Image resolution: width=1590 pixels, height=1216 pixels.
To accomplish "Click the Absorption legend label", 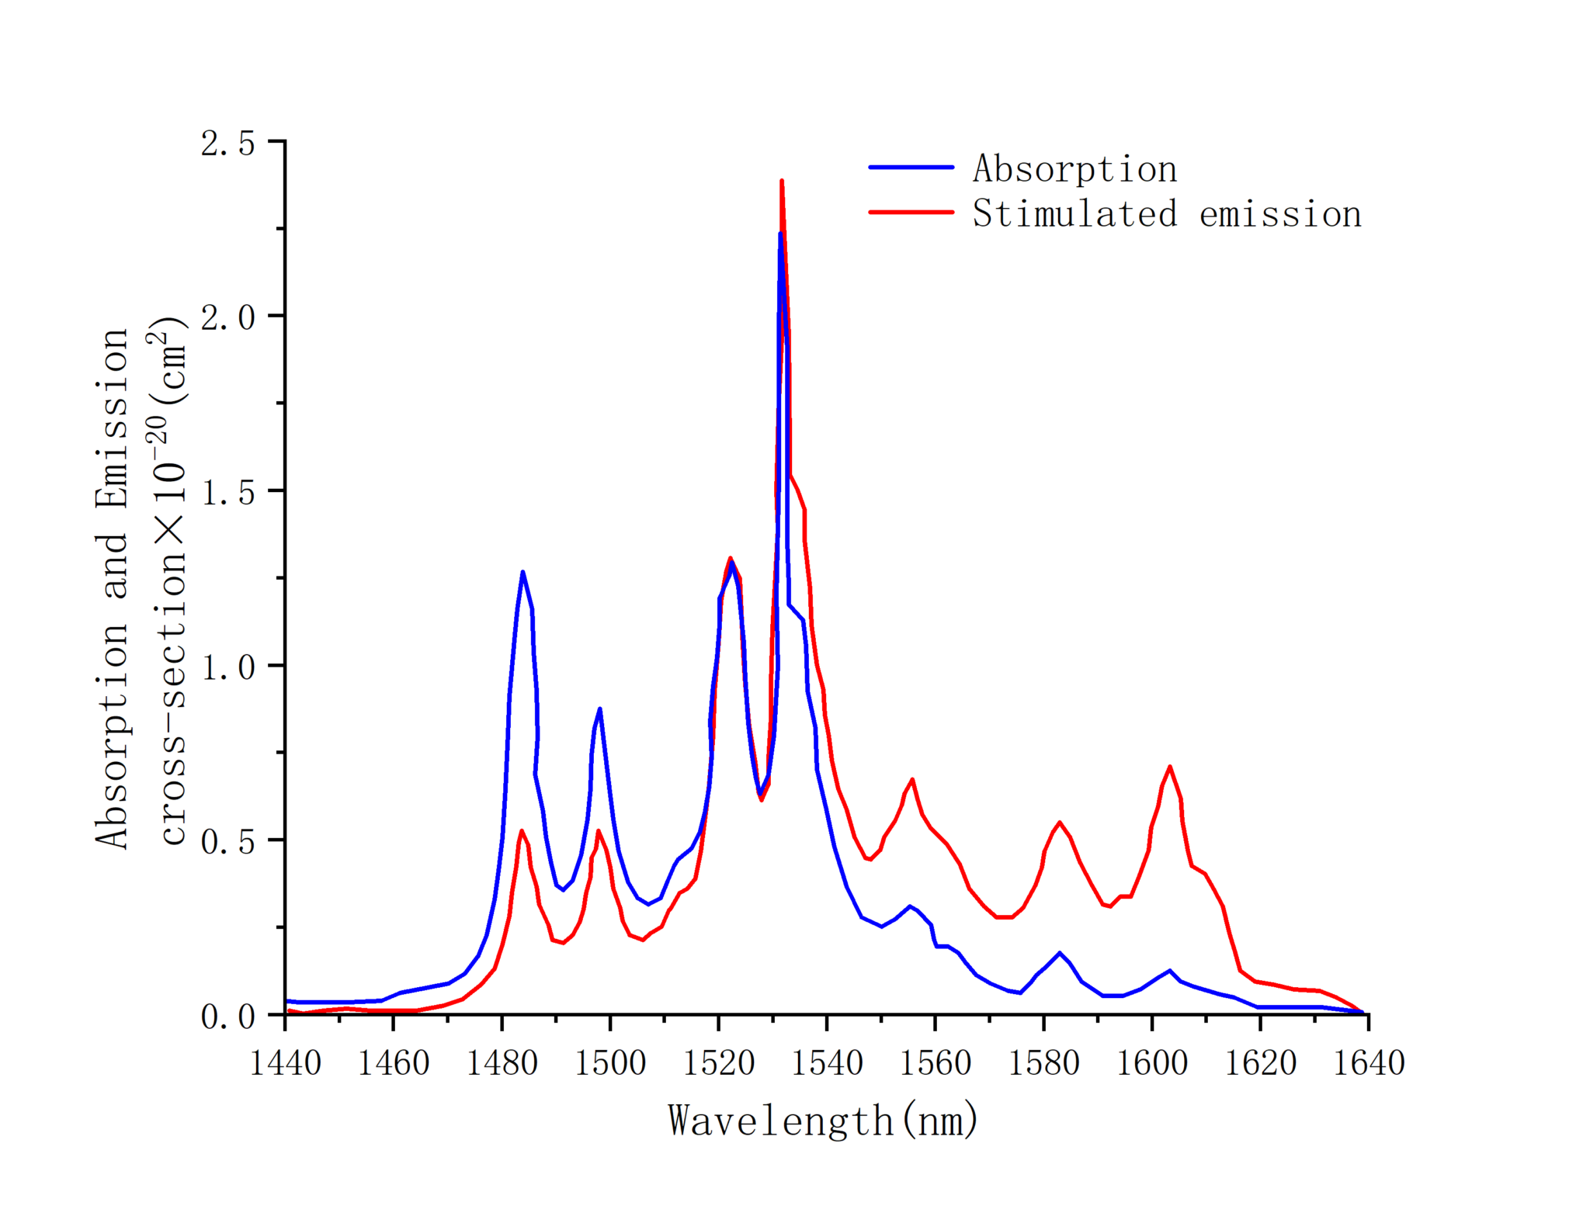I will (1074, 169).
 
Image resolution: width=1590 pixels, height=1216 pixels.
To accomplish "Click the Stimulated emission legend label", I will (1166, 214).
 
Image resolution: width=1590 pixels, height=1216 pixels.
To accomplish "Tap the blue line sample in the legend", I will (911, 167).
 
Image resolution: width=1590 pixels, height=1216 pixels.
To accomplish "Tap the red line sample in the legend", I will (911, 211).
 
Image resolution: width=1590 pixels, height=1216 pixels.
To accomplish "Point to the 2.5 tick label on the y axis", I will (227, 144).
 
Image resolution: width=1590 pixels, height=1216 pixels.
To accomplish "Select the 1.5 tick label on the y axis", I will (227, 493).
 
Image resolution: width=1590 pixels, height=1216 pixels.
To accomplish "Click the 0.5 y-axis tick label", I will (227, 842).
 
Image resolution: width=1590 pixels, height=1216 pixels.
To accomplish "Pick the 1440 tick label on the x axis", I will (285, 1062).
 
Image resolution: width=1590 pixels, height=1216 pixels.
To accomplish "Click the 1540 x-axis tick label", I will (827, 1062).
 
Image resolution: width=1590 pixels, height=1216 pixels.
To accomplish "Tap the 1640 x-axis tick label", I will (1368, 1062).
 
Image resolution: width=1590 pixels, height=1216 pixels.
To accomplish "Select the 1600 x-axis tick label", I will (1151, 1062).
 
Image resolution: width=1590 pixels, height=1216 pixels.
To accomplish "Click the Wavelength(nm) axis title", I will (823, 1120).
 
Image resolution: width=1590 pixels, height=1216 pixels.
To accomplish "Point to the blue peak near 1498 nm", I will (599, 708).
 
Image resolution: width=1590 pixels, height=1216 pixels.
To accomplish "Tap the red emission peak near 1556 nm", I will (912, 779).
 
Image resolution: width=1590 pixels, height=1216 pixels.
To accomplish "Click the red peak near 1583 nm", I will (1059, 823).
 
